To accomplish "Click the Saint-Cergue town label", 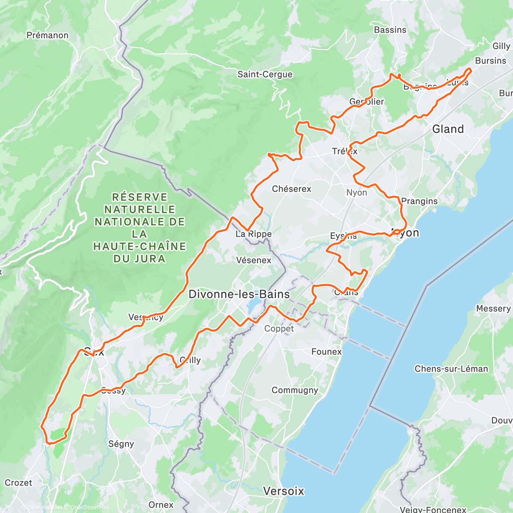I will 265,74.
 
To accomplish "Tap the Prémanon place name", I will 47,35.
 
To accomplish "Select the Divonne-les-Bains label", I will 239,294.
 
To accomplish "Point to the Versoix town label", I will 284,491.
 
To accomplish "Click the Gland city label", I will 448,129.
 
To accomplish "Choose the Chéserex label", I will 292,189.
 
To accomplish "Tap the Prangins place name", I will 419,201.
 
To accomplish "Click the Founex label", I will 327,352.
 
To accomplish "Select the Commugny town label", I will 295,390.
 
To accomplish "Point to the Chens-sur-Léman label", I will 451,369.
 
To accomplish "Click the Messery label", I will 493,309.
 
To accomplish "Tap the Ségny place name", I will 121,444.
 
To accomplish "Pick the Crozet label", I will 18,483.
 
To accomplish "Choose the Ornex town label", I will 161,505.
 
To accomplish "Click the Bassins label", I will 390,30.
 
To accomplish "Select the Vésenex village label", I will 254,260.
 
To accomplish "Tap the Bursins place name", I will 490,61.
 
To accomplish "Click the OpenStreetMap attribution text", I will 90,507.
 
